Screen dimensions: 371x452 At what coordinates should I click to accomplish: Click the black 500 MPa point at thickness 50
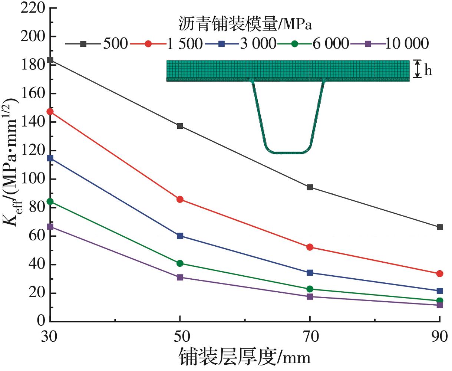click(180, 126)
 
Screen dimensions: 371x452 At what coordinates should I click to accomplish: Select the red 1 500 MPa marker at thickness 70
click(310, 247)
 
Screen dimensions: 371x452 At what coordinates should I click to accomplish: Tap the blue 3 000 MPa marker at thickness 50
click(180, 236)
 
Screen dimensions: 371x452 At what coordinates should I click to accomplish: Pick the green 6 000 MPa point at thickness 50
click(180, 263)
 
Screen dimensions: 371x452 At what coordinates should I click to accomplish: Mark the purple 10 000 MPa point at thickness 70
click(310, 296)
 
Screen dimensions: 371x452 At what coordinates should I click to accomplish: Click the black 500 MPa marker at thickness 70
click(310, 187)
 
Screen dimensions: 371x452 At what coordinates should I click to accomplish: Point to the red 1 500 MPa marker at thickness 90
click(440, 274)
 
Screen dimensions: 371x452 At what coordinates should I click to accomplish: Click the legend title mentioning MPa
click(244, 24)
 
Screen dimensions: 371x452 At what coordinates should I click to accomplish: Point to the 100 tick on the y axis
click(36, 179)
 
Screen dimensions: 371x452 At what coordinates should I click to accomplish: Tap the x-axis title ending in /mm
click(245, 357)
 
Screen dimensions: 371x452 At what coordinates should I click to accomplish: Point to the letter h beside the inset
click(428, 70)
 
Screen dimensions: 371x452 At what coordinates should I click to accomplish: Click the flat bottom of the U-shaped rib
click(288, 152)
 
